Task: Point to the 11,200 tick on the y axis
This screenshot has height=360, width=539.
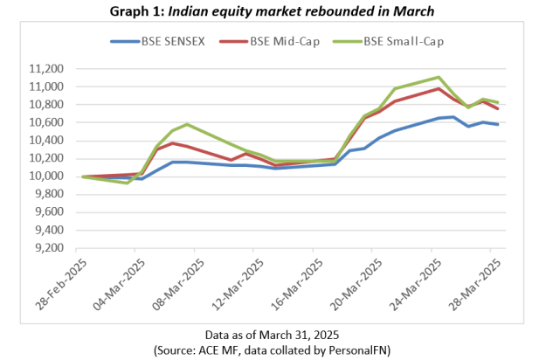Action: click(x=47, y=69)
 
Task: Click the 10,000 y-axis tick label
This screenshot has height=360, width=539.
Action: click(x=47, y=177)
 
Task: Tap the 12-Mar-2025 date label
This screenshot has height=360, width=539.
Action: click(x=232, y=280)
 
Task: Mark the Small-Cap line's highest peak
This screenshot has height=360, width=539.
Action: click(x=438, y=77)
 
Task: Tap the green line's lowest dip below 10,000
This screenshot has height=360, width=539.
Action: click(x=128, y=183)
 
